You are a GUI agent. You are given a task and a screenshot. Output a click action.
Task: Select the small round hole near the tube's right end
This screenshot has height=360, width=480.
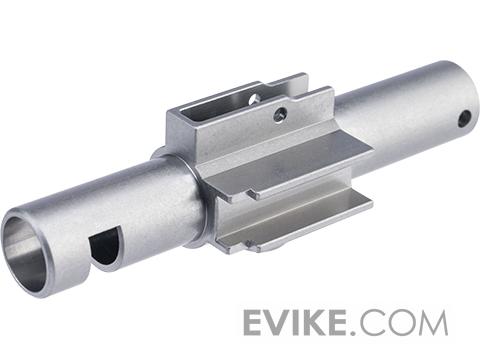[464, 119]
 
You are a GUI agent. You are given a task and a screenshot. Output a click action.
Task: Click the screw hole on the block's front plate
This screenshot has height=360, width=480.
[280, 115]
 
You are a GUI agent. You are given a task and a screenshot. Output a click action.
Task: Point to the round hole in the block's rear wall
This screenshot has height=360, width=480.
[254, 98]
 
